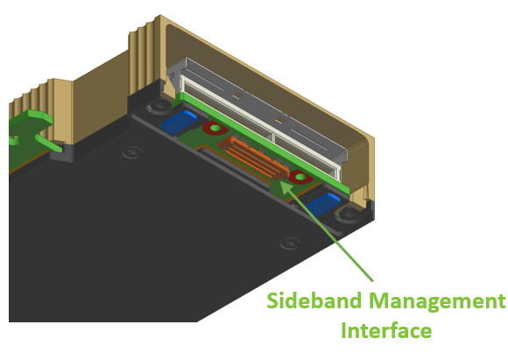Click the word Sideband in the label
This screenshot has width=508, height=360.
point(314,300)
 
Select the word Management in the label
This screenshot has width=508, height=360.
point(437,302)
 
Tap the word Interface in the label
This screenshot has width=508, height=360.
point(386,330)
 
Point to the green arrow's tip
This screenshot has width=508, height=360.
point(280,181)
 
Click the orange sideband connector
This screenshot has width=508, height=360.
point(254,158)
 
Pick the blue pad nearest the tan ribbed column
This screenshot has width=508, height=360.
point(179,122)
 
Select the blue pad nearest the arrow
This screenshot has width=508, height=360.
point(322,204)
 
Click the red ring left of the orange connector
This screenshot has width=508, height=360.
point(215,128)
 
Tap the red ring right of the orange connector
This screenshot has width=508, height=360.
point(300,177)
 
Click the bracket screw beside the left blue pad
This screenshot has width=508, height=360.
point(161,105)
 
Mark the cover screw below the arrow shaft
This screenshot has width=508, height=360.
point(290,243)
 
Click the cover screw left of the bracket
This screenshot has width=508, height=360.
point(132,152)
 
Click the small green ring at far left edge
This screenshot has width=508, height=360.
point(13,141)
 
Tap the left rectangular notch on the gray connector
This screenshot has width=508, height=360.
point(238,95)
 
